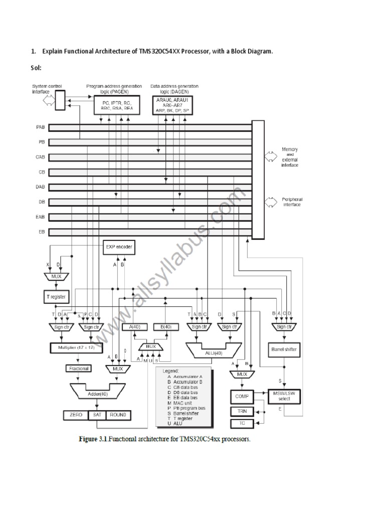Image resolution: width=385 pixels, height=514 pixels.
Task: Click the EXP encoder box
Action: coord(119,247)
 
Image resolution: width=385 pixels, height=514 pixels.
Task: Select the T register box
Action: coord(55,297)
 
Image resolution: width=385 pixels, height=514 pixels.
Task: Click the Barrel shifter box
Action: coord(284,350)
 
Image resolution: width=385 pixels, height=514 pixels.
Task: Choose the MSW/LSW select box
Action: coord(284,396)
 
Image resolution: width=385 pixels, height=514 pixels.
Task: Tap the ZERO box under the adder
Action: coord(76,415)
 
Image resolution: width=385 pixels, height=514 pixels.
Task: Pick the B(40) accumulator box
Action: coord(165,327)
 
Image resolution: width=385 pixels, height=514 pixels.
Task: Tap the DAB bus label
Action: coord(41,187)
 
